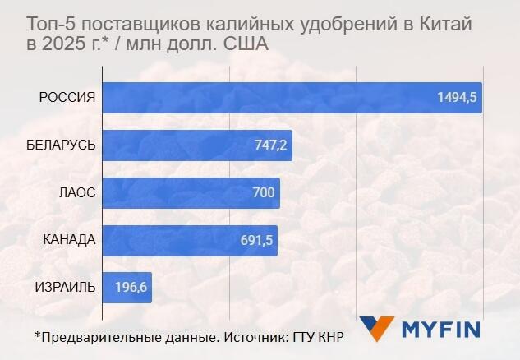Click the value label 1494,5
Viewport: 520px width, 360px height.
point(458,99)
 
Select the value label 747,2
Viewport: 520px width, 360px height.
point(269,145)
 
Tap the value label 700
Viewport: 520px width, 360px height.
point(263,193)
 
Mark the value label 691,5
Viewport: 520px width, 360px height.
point(256,241)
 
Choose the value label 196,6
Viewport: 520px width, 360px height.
point(131,288)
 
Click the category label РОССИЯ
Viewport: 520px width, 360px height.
point(68,98)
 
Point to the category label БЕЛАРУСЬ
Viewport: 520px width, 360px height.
point(61,145)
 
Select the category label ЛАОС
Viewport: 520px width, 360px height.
point(77,193)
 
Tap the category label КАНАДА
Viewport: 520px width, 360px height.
point(70,241)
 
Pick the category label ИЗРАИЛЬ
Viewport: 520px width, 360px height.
point(65,288)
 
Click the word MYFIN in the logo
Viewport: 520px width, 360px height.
point(440,330)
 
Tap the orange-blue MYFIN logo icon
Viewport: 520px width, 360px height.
point(377,328)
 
